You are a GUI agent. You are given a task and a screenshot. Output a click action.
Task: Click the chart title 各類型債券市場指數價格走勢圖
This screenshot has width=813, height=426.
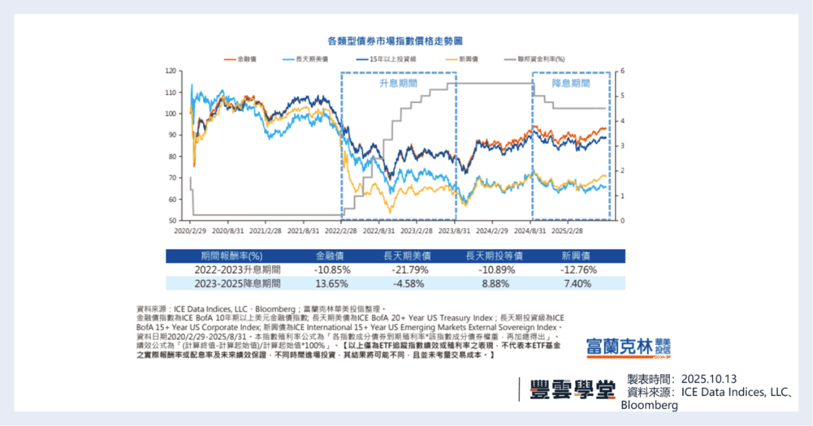click(395, 41)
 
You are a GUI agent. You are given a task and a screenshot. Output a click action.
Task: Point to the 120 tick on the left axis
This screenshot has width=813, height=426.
click(171, 71)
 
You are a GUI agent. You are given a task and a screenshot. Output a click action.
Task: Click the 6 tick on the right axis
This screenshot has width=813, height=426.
click(622, 71)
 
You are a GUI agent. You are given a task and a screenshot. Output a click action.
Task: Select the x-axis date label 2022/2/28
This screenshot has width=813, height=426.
click(341, 231)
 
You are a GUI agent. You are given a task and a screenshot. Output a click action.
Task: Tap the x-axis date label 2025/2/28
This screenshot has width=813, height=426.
click(567, 231)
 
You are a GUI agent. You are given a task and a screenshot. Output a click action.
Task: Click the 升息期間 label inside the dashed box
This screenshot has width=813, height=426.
click(398, 83)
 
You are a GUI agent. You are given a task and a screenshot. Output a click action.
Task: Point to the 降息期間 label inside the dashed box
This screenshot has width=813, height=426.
click(570, 83)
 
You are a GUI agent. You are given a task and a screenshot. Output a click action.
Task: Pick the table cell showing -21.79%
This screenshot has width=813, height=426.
click(410, 270)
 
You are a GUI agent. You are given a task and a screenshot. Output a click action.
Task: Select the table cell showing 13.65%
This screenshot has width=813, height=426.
click(332, 284)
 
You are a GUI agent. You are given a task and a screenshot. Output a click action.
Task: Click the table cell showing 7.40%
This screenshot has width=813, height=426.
click(577, 284)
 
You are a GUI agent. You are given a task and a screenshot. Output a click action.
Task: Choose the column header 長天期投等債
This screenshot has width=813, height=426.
click(494, 256)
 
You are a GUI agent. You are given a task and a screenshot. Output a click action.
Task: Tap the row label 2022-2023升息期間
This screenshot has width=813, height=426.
click(237, 270)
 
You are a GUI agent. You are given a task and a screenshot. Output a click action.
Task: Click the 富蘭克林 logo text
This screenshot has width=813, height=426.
click(619, 347)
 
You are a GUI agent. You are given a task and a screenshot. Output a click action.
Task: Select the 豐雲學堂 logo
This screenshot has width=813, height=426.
click(572, 390)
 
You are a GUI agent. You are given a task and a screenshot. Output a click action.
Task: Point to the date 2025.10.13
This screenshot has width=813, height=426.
click(709, 379)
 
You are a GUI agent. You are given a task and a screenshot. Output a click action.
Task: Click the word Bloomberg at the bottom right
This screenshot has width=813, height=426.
click(649, 405)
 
